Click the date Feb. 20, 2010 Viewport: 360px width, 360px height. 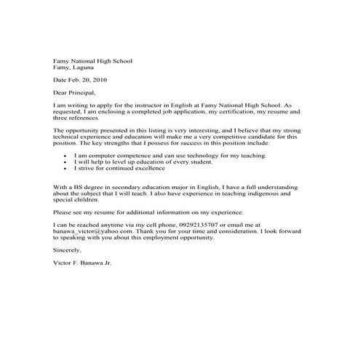click(90, 81)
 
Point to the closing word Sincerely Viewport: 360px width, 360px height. click(68, 249)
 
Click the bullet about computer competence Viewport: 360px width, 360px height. click(145, 156)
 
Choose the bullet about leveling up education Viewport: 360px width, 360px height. click(131, 162)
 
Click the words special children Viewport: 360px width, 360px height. click(76, 200)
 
